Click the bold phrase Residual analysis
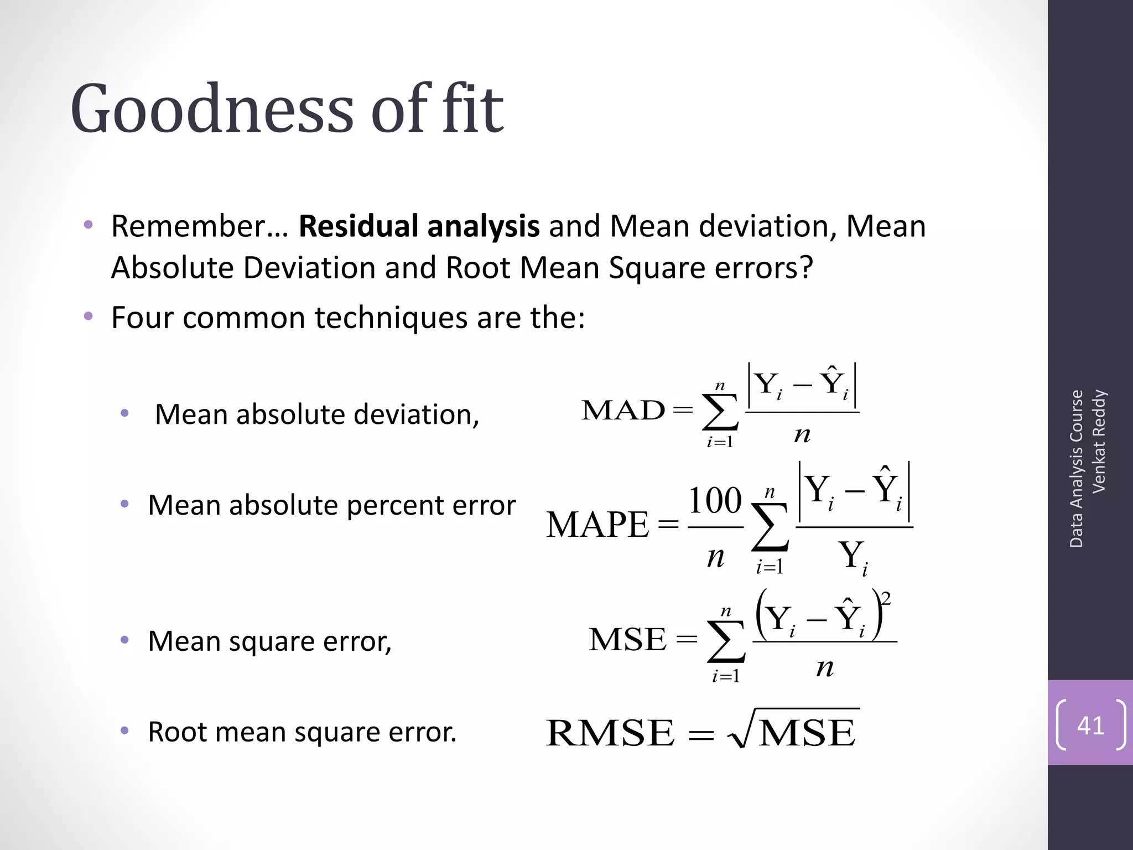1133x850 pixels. point(419,226)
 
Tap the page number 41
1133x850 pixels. point(1090,725)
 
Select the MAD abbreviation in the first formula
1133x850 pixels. point(623,410)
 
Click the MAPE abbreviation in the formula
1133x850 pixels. point(597,525)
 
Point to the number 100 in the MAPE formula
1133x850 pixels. point(715,500)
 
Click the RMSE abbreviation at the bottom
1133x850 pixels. point(610,733)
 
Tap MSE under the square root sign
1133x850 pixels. point(807,733)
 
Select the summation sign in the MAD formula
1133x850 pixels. point(720,412)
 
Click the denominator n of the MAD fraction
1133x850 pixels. point(802,434)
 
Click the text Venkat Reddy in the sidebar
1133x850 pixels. point(1098,441)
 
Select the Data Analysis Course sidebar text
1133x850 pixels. point(1076,469)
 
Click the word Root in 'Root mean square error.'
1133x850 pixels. point(176,732)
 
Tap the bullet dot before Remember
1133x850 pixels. point(89,225)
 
